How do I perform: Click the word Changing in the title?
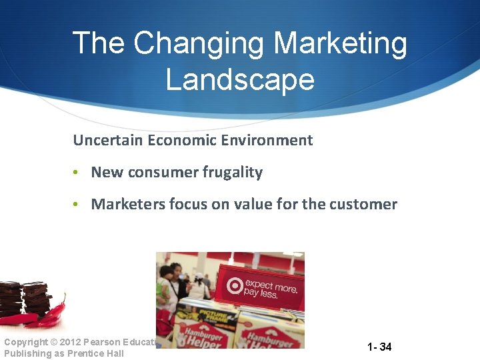(x=199, y=44)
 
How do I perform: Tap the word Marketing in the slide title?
(x=340, y=44)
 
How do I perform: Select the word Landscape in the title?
(x=240, y=79)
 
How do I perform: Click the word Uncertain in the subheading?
(x=107, y=140)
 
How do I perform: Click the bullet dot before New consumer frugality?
(x=77, y=173)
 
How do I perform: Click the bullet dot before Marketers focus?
(x=77, y=205)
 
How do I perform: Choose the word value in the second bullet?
(x=252, y=204)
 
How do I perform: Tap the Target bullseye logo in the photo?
(x=234, y=286)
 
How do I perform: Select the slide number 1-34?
(x=379, y=347)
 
